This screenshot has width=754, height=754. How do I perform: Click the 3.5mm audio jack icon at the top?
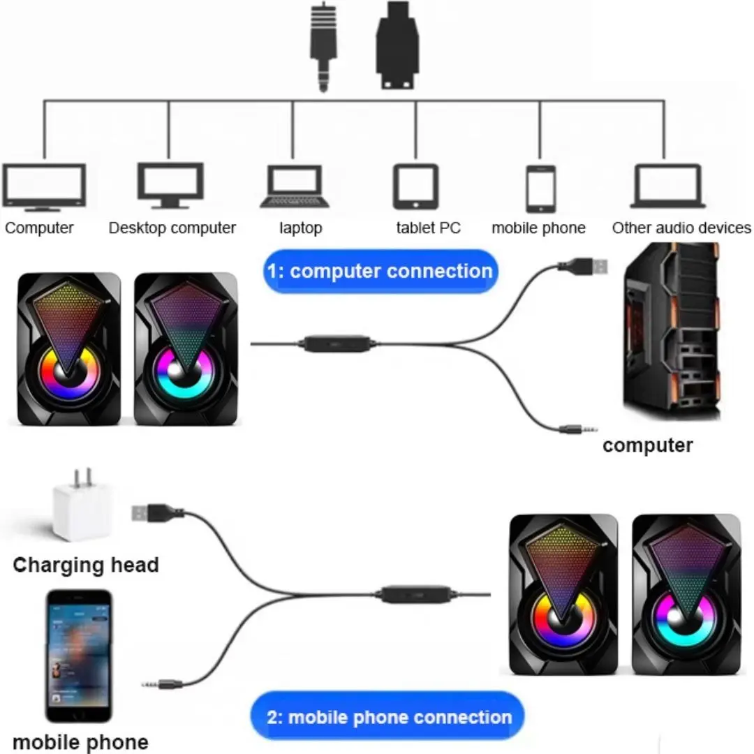(323, 47)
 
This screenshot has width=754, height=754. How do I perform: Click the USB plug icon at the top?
(397, 45)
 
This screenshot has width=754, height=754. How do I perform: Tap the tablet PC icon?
(416, 186)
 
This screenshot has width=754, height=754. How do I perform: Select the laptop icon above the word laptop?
(295, 186)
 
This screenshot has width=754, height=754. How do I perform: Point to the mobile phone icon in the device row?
(540, 188)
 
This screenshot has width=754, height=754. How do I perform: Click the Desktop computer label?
(172, 228)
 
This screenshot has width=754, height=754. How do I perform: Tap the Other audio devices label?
(681, 228)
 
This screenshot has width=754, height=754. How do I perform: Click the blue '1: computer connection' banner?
(381, 271)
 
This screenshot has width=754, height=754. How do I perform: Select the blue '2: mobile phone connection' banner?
(387, 717)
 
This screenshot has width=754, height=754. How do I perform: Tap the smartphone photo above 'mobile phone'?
(79, 656)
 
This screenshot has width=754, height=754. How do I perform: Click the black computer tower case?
(672, 332)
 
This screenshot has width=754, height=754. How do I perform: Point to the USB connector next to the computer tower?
(583, 266)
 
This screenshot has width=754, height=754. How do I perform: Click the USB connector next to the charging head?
(157, 512)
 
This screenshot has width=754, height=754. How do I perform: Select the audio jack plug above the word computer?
(579, 429)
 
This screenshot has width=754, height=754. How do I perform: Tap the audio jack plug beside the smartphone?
(161, 683)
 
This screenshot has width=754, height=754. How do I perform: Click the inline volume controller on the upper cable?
(337, 343)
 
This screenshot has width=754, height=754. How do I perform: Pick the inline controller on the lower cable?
(417, 594)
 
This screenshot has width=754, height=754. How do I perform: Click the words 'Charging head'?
(86, 565)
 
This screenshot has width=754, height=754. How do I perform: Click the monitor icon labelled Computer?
(44, 188)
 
